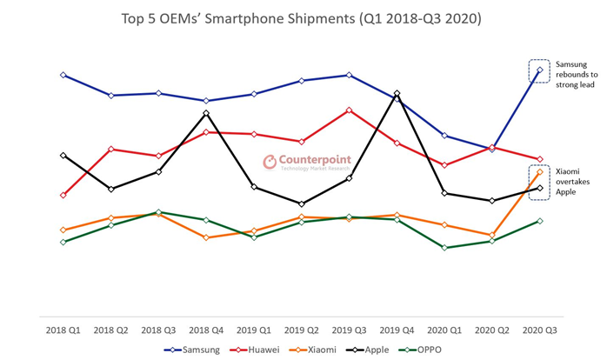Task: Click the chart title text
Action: coord(303,17)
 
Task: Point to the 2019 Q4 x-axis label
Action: coord(397,330)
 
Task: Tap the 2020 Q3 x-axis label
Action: coord(539,330)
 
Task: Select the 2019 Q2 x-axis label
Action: coord(301,330)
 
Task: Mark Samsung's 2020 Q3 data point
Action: coord(540,70)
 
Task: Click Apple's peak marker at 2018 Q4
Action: coord(206,113)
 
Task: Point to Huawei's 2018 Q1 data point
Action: coord(63,195)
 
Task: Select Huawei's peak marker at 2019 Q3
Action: coord(349,110)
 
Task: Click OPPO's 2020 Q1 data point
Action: coord(444,248)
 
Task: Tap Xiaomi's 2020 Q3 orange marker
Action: coord(540,172)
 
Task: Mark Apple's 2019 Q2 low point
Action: coord(301,204)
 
